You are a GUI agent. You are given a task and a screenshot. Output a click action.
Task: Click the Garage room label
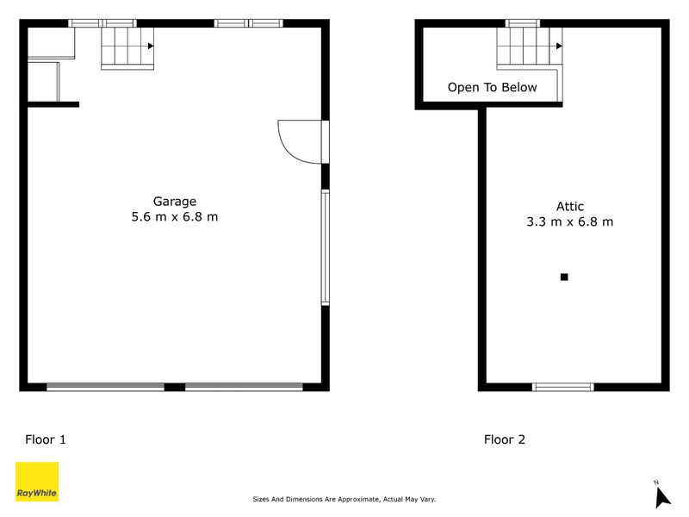click(x=174, y=202)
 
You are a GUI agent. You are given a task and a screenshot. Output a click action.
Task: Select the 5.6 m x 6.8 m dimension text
click(x=174, y=217)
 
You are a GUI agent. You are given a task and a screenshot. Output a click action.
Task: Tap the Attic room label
click(x=569, y=206)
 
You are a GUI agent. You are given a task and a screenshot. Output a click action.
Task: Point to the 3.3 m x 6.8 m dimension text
click(x=569, y=221)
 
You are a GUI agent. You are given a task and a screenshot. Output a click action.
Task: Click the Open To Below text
click(x=492, y=87)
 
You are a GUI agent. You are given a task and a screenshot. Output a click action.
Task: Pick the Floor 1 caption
click(x=46, y=439)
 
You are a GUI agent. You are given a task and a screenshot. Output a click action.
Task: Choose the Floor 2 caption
click(x=504, y=439)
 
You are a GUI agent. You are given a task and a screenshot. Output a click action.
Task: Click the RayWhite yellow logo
click(x=37, y=482)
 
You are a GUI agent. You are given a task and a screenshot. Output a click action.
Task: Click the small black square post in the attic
click(x=564, y=277)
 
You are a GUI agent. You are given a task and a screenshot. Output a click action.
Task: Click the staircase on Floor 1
click(x=127, y=47)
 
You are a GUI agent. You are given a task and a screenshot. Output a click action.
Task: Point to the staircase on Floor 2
click(x=528, y=48)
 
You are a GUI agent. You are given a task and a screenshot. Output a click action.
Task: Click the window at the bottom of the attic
click(x=563, y=387)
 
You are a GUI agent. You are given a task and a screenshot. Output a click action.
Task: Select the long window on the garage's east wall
click(x=325, y=247)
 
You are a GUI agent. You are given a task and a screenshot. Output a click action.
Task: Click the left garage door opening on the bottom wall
click(x=105, y=387)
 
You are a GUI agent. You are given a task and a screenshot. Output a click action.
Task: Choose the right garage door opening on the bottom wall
click(x=244, y=387)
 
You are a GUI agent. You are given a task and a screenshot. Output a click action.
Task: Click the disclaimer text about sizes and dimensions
click(x=344, y=499)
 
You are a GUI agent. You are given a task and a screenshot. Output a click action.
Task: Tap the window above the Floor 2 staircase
click(x=522, y=23)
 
